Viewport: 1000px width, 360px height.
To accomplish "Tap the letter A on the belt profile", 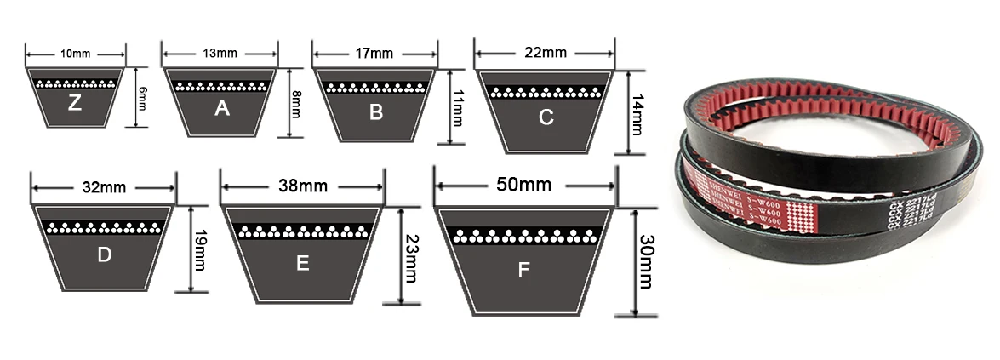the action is (x=222, y=108).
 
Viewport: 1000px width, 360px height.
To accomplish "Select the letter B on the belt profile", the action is (x=376, y=111).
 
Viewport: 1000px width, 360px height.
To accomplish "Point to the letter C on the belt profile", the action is (x=546, y=118).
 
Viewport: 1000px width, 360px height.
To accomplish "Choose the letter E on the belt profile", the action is (x=302, y=264).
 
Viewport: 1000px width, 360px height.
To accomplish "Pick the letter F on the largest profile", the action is (x=523, y=270).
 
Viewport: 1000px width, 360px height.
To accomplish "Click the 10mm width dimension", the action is (x=76, y=54).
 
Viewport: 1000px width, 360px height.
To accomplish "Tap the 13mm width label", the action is (x=220, y=54).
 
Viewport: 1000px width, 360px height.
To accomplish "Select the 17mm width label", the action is (x=375, y=54).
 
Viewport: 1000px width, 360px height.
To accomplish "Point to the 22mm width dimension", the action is (x=546, y=53).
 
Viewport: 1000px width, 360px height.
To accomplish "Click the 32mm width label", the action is (x=103, y=187).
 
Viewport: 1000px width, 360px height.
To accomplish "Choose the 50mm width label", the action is (x=524, y=184).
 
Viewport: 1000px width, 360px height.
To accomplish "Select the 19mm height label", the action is (x=200, y=249).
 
